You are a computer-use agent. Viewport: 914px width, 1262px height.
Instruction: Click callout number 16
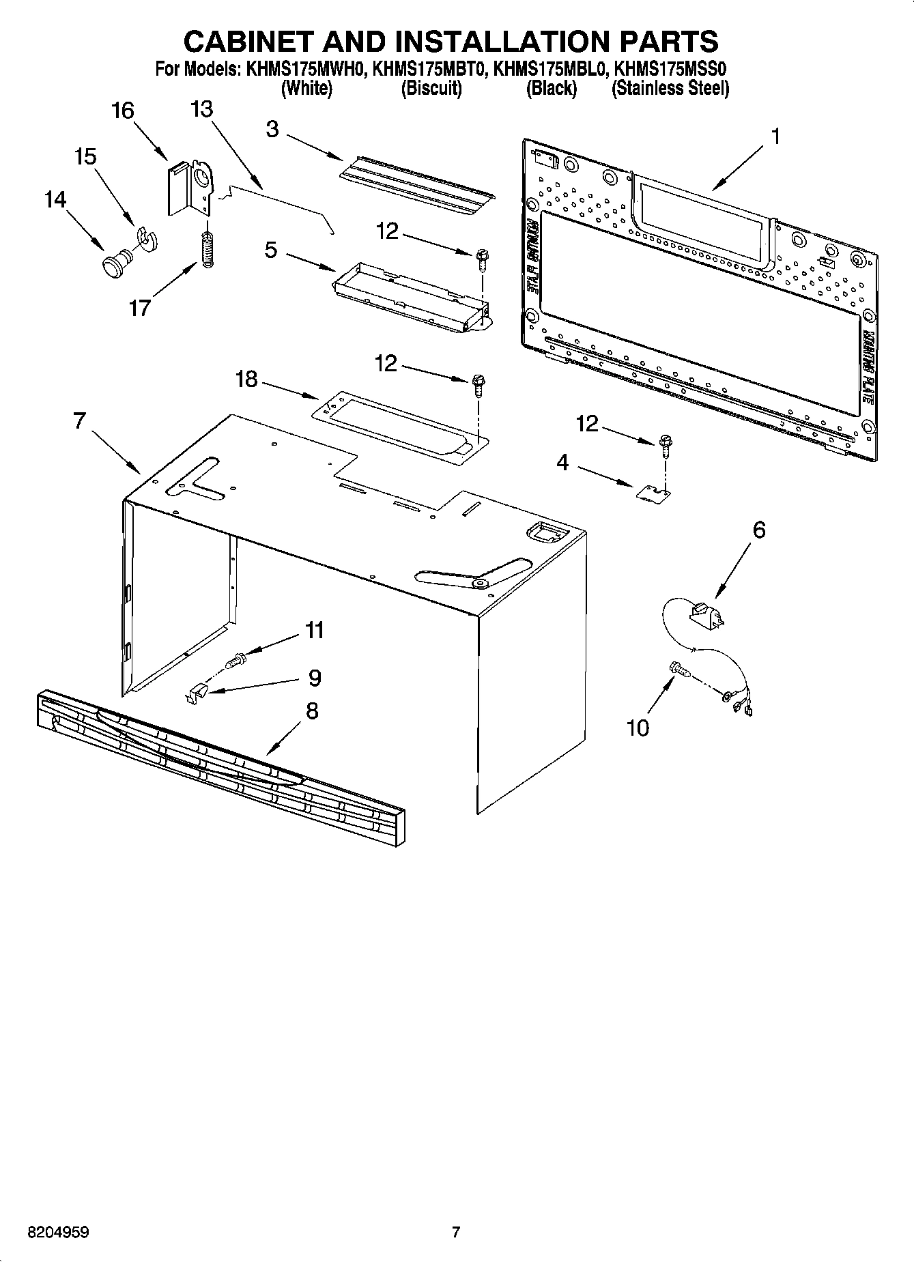tap(123, 111)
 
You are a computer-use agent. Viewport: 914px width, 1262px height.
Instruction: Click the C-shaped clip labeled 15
tap(146, 236)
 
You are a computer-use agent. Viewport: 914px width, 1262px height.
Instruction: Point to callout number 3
tap(272, 129)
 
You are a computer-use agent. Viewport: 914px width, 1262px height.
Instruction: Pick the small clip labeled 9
tap(197, 693)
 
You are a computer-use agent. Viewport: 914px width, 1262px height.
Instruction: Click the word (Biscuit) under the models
tap(431, 89)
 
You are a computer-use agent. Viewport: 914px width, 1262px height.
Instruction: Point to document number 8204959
tap(59, 1232)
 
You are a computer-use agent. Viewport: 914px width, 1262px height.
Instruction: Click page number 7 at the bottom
tap(456, 1232)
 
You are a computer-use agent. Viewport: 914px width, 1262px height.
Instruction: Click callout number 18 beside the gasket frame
tap(246, 379)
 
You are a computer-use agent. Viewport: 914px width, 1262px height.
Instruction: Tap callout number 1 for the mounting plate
tap(775, 137)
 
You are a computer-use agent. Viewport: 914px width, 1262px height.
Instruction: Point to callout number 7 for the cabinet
tap(79, 421)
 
